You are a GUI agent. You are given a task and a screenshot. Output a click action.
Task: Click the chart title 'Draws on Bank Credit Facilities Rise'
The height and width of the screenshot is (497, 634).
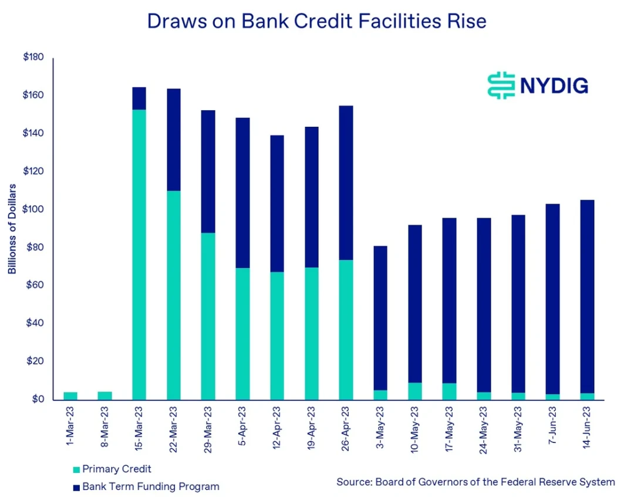point(316,22)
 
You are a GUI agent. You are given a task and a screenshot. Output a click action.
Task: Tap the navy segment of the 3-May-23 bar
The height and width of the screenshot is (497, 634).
point(380,317)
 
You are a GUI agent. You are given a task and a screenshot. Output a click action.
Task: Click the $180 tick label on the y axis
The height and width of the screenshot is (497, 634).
point(33,58)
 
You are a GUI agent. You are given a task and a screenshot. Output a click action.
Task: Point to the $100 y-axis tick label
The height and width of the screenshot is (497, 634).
point(33,209)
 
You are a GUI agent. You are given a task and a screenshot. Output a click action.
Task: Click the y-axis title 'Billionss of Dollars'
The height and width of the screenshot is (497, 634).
point(12,229)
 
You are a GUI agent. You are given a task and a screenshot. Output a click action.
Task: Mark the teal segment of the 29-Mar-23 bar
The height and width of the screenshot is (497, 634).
point(208,316)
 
